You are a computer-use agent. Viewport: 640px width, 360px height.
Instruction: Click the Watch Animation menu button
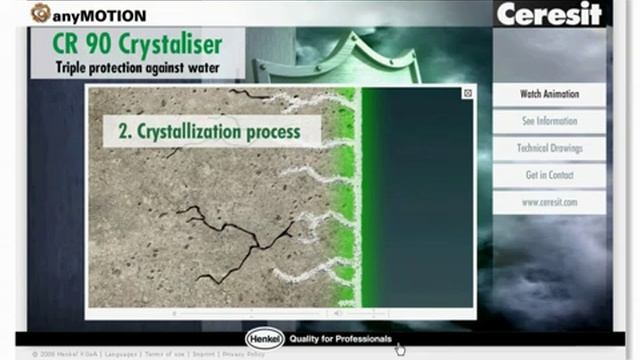(x=549, y=94)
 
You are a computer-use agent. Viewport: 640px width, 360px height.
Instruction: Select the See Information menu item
(x=549, y=121)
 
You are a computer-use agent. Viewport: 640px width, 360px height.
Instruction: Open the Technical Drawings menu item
(x=549, y=148)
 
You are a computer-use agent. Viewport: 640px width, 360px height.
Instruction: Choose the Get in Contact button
(x=549, y=175)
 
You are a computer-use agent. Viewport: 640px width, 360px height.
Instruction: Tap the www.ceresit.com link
(x=549, y=202)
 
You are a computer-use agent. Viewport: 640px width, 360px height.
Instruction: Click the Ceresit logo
(x=549, y=14)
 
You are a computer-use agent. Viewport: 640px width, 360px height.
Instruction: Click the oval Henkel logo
(x=265, y=338)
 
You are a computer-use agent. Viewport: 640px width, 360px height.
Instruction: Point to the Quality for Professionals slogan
(x=340, y=339)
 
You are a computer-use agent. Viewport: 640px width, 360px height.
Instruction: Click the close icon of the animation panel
(x=467, y=93)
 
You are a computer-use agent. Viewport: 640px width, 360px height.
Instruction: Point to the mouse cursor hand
(x=400, y=349)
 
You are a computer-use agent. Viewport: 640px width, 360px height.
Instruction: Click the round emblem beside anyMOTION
(x=41, y=13)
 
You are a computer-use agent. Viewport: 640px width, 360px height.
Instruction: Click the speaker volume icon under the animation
(x=337, y=312)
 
